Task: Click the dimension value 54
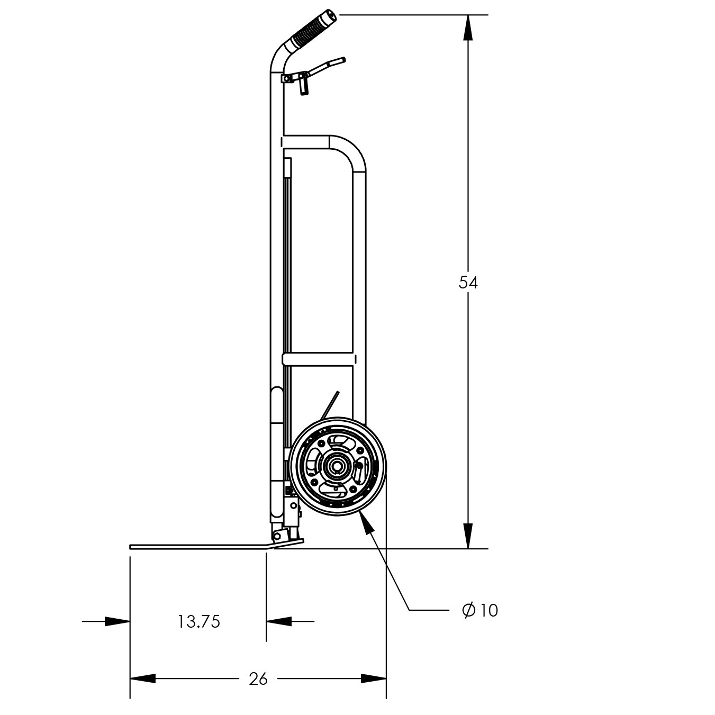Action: pyautogui.click(x=468, y=283)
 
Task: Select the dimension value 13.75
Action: pyautogui.click(x=198, y=621)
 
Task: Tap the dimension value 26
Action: pyautogui.click(x=258, y=678)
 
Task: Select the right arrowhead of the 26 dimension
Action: pyautogui.click(x=373, y=678)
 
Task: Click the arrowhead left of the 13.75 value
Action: pyautogui.click(x=117, y=621)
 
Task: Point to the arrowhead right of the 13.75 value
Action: pyautogui.click(x=279, y=621)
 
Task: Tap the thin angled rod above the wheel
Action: pyautogui.click(x=329, y=405)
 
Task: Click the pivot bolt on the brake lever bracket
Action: pyautogui.click(x=287, y=78)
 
